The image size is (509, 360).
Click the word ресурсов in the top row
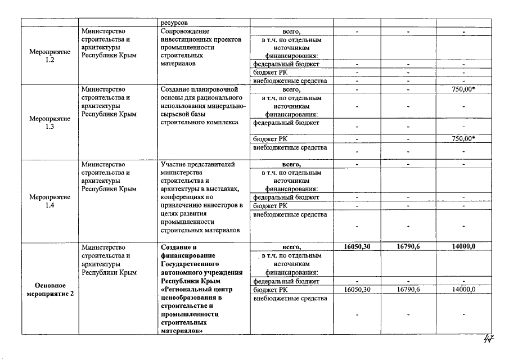point(174,22)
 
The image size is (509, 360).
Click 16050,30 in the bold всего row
point(357,246)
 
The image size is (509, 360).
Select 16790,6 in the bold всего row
point(408,246)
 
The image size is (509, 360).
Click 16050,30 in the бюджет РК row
point(357,289)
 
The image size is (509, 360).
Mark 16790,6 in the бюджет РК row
point(408,289)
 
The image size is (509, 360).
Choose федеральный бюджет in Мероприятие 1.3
point(286,122)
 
